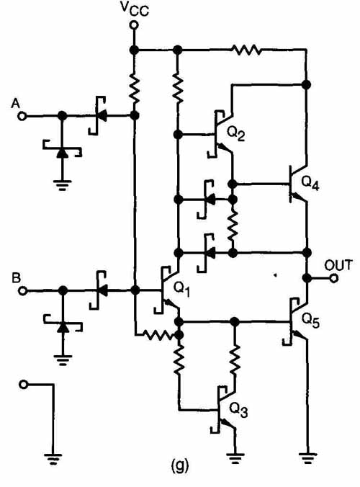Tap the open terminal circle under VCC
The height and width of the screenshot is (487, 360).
(x=134, y=24)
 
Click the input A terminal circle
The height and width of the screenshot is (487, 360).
(x=22, y=117)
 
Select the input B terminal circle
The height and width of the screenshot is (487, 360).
(x=22, y=291)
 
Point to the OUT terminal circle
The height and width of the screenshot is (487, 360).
(x=334, y=279)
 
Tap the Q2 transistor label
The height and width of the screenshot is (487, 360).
(x=236, y=134)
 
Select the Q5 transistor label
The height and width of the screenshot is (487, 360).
(x=310, y=321)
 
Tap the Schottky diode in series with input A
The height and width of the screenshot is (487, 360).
(x=99, y=116)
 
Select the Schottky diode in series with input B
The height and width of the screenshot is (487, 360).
(x=99, y=291)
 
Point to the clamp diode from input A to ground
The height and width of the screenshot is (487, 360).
(x=63, y=152)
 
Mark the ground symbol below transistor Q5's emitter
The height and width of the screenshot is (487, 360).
(x=307, y=458)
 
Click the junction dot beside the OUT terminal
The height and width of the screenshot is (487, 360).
(x=307, y=278)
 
